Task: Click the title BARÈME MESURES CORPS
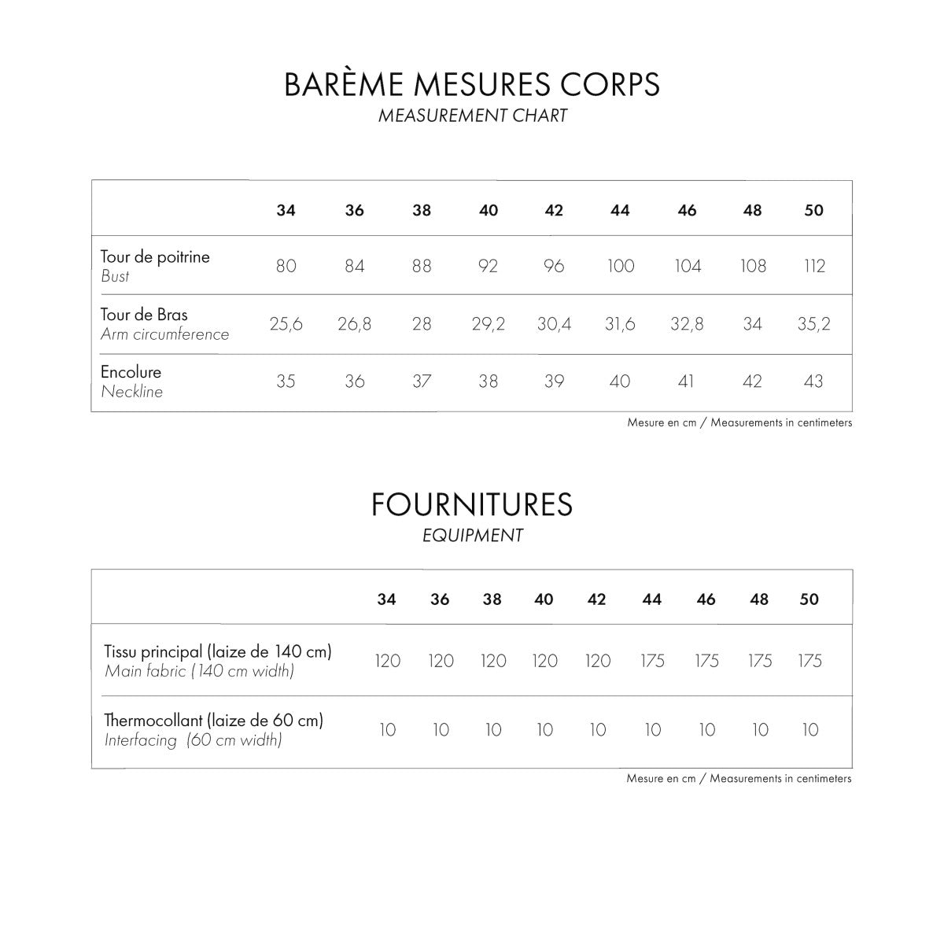coord(472,84)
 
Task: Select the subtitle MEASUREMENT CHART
coord(472,116)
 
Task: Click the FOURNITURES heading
coord(472,504)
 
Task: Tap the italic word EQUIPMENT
coord(472,536)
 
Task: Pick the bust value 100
coord(621,266)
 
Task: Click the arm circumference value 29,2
coord(489,323)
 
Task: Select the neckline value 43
coord(813,382)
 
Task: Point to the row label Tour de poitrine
coord(155,257)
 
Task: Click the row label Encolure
coord(131,372)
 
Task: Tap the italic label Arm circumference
coord(164,334)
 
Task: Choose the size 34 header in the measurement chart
coord(286,210)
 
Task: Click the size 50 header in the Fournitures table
coord(809,599)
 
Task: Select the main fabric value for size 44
coord(652,661)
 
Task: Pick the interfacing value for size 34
coord(387,730)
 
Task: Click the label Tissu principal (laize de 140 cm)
coord(218,651)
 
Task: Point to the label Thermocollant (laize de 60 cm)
coord(214,720)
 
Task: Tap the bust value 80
coord(286,266)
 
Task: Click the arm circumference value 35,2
coord(813,323)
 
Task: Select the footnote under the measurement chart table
coord(739,422)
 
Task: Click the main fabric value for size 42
coord(598,661)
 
